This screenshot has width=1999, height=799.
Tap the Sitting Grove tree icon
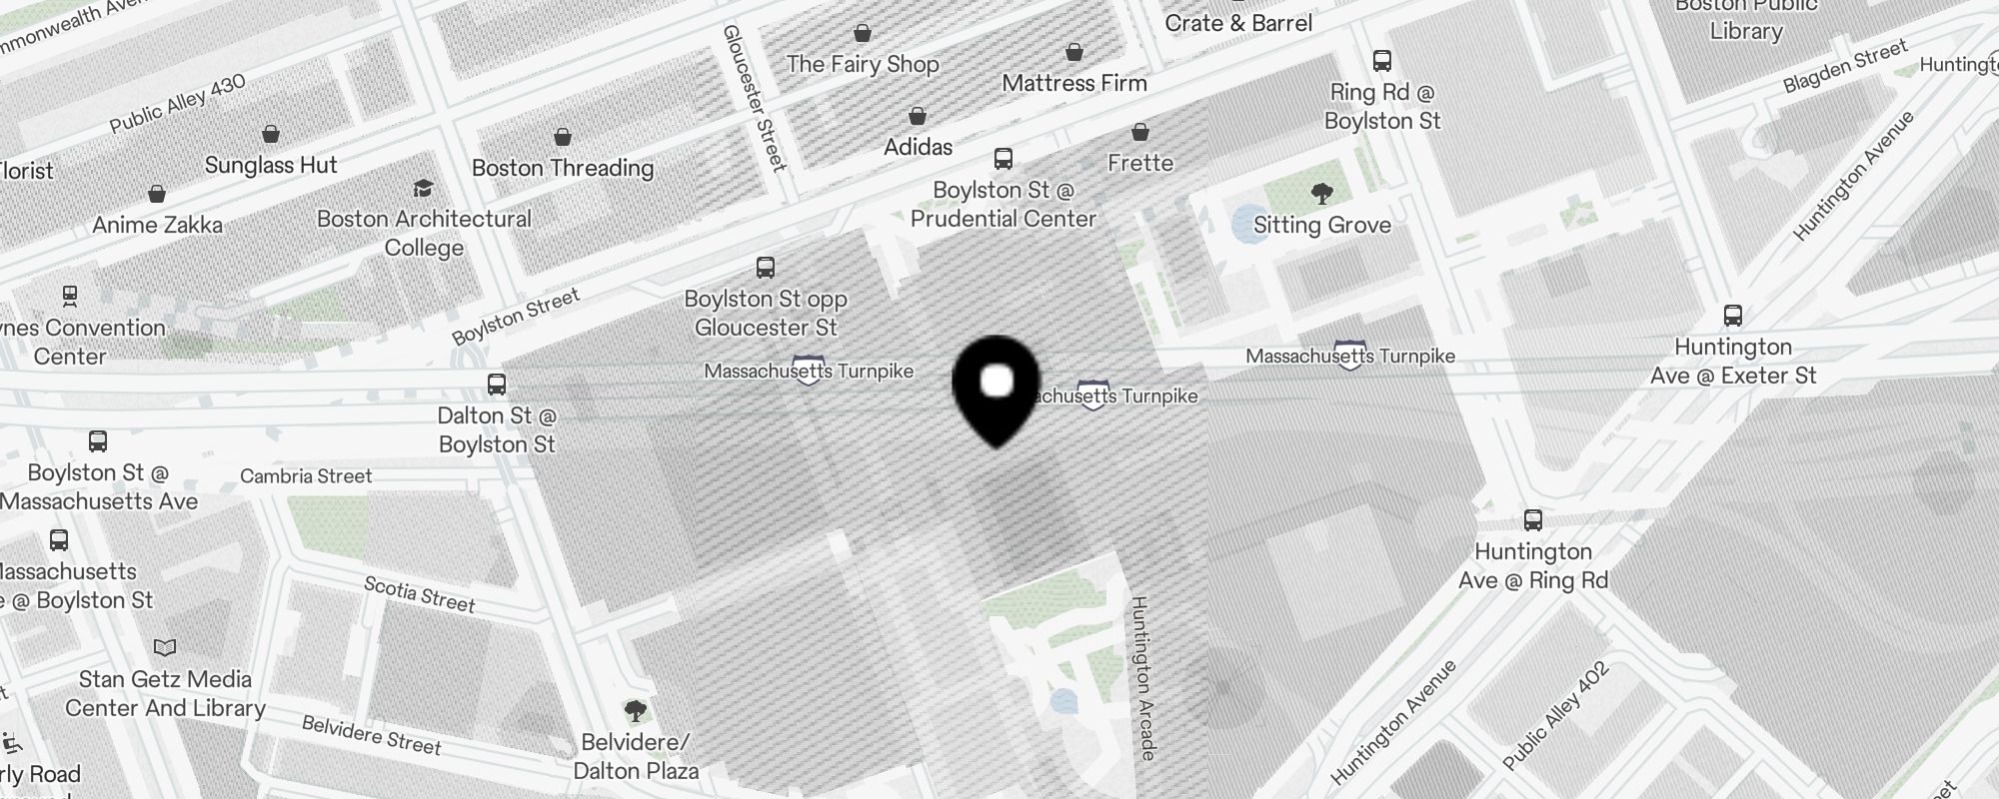click(1321, 193)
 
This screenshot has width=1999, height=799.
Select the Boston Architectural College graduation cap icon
click(423, 188)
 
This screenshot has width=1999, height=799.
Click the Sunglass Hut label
click(271, 165)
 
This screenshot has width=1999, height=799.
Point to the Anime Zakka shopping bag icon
click(157, 194)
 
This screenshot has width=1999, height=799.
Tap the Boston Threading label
click(563, 168)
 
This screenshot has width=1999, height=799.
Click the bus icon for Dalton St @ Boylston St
click(497, 385)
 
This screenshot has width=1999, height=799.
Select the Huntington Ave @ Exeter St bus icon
click(1733, 316)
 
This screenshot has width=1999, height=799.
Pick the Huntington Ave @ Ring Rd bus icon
click(1533, 520)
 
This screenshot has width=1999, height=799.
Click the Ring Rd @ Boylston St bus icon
click(1382, 61)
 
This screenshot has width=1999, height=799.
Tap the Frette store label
click(1140, 163)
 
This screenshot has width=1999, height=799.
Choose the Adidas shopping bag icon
click(918, 117)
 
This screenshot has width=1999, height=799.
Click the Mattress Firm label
click(1074, 83)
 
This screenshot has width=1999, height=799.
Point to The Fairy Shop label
click(863, 64)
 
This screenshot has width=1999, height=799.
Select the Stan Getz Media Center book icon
click(165, 648)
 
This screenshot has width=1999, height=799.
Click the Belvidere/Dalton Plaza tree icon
click(635, 711)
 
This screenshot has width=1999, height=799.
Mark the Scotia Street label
click(420, 593)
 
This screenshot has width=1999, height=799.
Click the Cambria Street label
click(306, 476)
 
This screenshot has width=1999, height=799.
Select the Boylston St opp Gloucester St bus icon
click(766, 268)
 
